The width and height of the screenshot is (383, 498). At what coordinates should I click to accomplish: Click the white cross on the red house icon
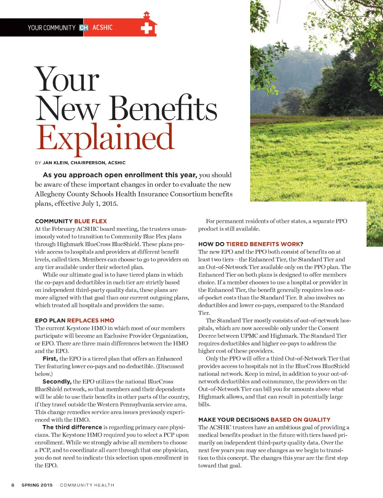click(146, 28)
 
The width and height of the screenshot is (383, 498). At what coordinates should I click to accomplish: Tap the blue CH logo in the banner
click(84, 28)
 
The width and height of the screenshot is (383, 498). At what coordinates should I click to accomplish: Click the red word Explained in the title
click(105, 138)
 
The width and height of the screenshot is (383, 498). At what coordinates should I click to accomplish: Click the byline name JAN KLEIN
click(55, 163)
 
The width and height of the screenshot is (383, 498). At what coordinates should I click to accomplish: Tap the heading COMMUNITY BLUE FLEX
click(71, 221)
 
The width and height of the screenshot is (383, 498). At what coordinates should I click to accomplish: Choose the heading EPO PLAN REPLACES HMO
click(74, 320)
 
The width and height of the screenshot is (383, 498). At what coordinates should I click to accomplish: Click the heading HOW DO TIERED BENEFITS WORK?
click(251, 244)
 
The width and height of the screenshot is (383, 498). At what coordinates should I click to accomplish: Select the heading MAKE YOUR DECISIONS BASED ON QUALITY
click(264, 420)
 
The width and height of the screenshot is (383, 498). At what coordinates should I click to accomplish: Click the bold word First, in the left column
click(50, 359)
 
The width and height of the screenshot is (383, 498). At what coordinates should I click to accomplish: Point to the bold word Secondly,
click(57, 381)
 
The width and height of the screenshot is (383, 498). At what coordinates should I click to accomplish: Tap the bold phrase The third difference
click(72, 427)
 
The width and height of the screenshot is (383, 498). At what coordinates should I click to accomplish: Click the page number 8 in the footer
click(13, 485)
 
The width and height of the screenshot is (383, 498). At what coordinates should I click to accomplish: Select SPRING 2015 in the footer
click(37, 485)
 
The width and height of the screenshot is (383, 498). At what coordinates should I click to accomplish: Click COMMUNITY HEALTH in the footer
click(87, 485)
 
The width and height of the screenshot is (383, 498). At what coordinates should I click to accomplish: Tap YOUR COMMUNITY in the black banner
click(52, 28)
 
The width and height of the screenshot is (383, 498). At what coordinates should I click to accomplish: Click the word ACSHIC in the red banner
click(102, 28)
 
